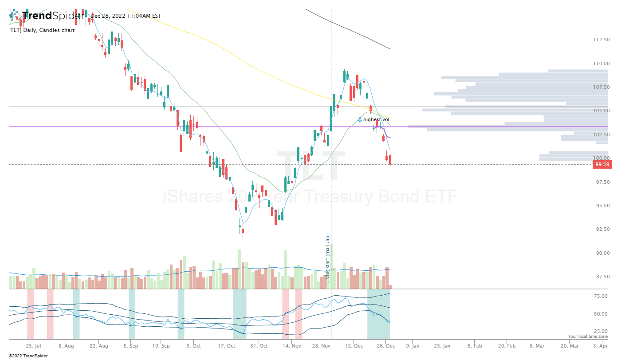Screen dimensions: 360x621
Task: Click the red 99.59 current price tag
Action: (602, 164)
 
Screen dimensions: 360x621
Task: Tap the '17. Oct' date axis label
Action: (227, 345)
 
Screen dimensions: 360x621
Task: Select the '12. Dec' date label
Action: (355, 345)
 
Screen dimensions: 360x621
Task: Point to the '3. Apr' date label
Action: (601, 345)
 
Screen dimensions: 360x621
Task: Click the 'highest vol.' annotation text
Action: (377, 119)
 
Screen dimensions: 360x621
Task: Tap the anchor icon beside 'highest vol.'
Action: (360, 119)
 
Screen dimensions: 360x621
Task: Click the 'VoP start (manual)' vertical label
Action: (328, 260)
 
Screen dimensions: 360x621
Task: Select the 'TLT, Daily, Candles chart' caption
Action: (43, 30)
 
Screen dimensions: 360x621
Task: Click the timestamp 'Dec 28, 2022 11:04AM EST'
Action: (126, 16)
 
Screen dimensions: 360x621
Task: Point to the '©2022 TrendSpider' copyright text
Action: (28, 356)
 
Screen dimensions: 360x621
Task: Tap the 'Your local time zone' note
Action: (588, 336)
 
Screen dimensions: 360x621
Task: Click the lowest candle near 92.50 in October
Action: (243, 231)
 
